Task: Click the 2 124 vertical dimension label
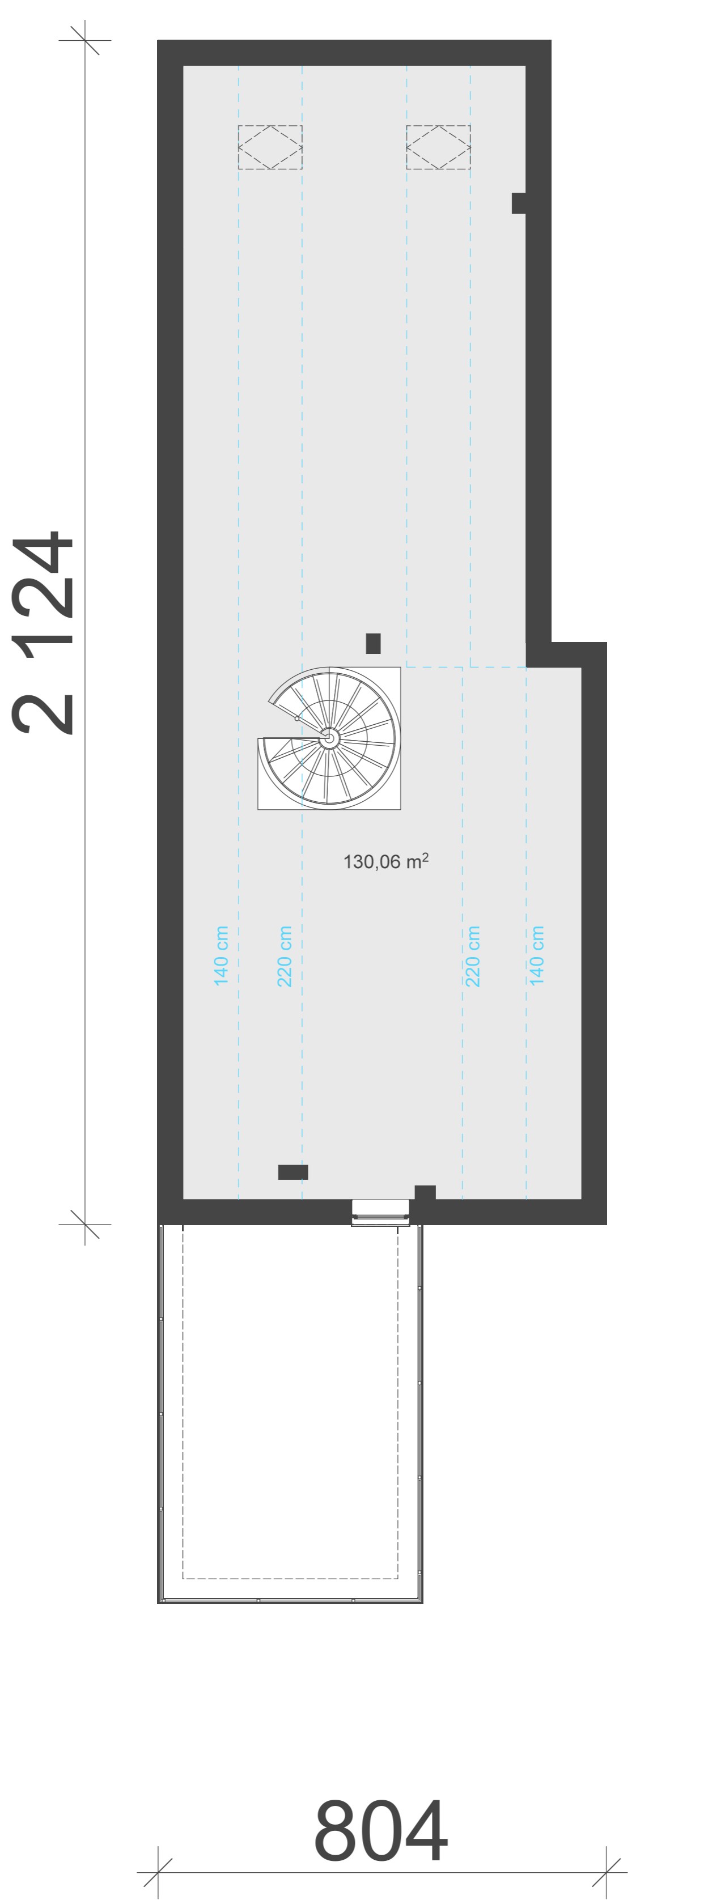[x=43, y=632]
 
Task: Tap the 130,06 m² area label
[x=385, y=861]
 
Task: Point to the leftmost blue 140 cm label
[x=221, y=956]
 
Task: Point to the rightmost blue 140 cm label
[x=536, y=956]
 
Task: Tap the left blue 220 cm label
[x=285, y=956]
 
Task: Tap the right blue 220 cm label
[x=473, y=956]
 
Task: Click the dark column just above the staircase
[x=373, y=643]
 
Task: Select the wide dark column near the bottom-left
[x=293, y=1172]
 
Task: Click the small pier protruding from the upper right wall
[x=519, y=203]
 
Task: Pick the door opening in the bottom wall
[x=380, y=1212]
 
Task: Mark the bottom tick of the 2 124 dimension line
[x=85, y=1225]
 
